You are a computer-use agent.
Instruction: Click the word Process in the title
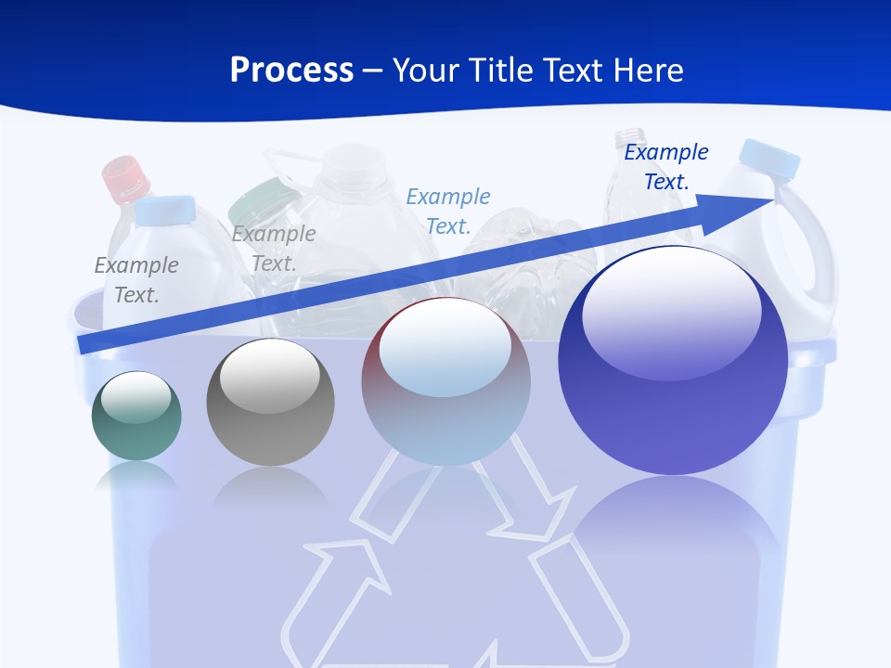click(x=291, y=70)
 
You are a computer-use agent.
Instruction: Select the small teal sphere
click(x=136, y=417)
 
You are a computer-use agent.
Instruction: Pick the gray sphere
click(x=270, y=403)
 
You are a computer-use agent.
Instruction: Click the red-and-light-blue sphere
click(x=445, y=382)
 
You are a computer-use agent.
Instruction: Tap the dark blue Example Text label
click(x=666, y=167)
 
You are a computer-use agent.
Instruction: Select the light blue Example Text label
click(x=448, y=212)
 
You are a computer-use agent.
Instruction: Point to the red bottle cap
click(x=125, y=178)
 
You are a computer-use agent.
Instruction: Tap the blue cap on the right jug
click(x=770, y=159)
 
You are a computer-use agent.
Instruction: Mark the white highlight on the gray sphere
click(x=269, y=376)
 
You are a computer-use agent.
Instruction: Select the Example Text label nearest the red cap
click(x=136, y=280)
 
